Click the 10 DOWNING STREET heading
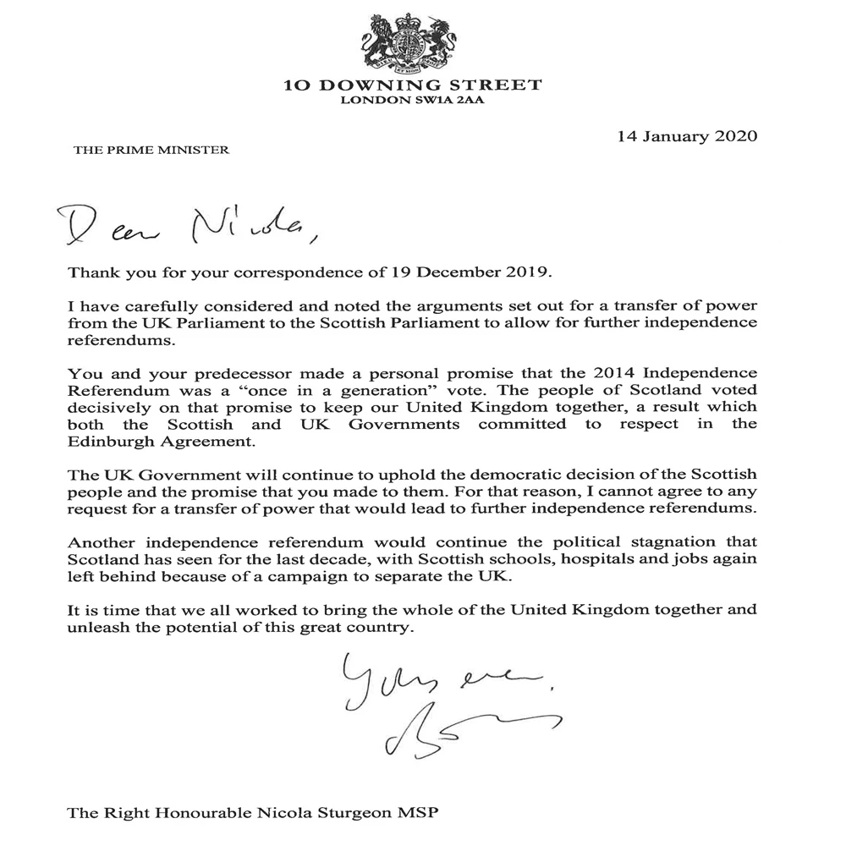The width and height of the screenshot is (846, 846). (414, 85)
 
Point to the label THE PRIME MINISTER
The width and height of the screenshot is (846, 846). (151, 151)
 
